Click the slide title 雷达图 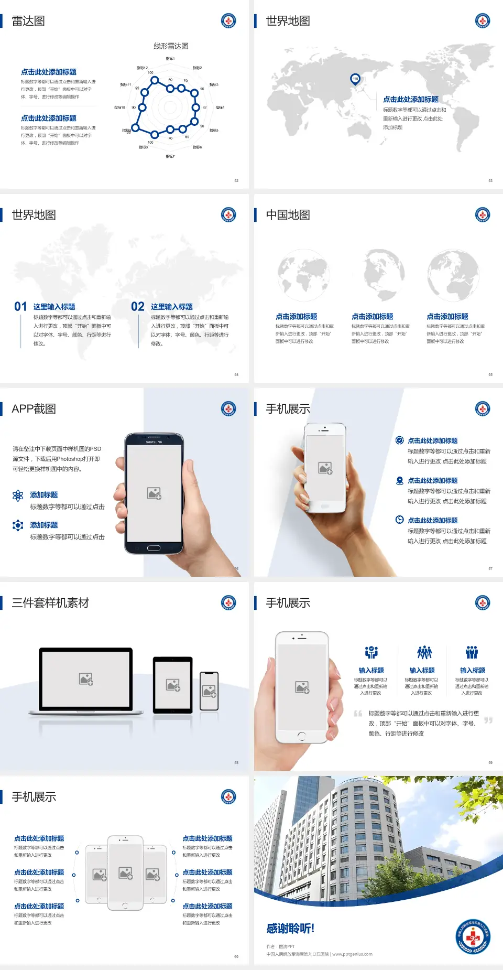[x=28, y=21]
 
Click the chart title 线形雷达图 [x=171, y=46]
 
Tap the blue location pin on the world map [x=355, y=79]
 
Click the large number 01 [x=20, y=307]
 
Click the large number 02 [x=138, y=307]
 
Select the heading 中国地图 [x=288, y=215]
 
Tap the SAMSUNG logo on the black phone [x=154, y=442]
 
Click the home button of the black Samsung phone [x=154, y=548]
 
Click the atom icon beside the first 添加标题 [x=18, y=495]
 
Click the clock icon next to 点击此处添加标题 [x=399, y=520]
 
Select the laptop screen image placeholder [x=86, y=679]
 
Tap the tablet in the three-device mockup [x=173, y=685]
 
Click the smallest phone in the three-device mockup [x=209, y=691]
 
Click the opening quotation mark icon [x=358, y=714]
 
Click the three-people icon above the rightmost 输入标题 [x=472, y=652]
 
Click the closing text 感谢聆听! [x=290, y=929]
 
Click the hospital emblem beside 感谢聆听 [x=473, y=936]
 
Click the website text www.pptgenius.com [x=352, y=954]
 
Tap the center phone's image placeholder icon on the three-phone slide [x=125, y=873]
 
